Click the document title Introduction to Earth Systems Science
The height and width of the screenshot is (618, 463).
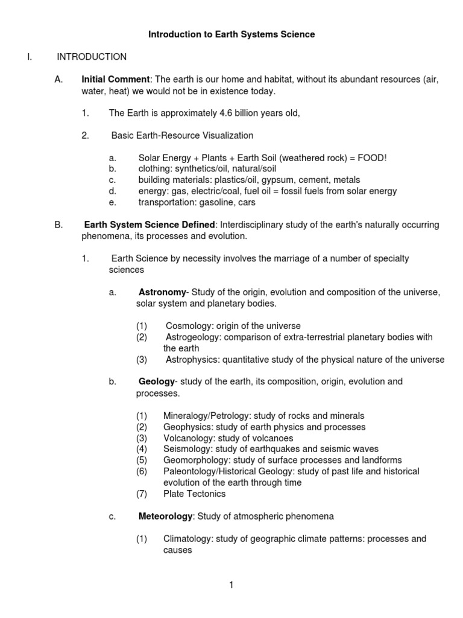tap(231, 35)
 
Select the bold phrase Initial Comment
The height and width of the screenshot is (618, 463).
tap(115, 79)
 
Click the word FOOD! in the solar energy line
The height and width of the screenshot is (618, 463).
tap(371, 158)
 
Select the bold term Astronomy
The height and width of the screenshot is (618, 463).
tap(162, 292)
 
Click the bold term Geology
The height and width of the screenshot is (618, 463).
tap(156, 381)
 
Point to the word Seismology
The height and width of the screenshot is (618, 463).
tap(186, 449)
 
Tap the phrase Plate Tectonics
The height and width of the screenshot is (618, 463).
tap(194, 494)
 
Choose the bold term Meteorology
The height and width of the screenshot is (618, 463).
tap(165, 517)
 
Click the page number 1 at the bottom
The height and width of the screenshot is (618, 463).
tap(231, 585)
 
